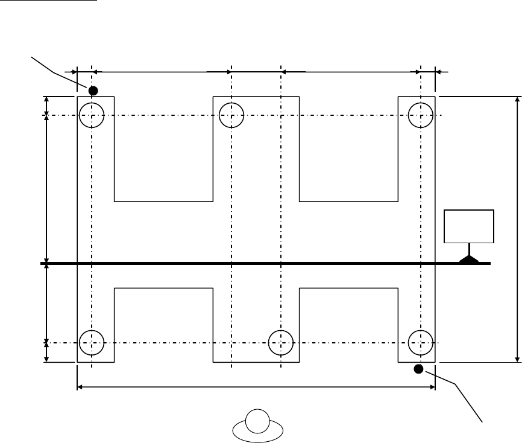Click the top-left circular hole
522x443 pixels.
point(92,115)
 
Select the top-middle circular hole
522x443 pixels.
point(231,115)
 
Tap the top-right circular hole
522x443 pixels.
point(420,115)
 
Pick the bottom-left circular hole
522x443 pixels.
point(92,342)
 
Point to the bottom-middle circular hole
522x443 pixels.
point(281,342)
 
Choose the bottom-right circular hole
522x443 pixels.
point(420,342)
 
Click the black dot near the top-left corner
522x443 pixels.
point(93,91)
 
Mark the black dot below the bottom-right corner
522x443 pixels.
point(419,368)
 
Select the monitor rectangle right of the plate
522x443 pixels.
point(469,226)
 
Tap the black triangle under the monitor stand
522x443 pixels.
point(469,260)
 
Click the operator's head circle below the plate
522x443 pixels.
point(257,421)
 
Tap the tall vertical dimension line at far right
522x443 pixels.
point(517,229)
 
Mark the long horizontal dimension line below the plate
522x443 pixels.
point(256,387)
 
